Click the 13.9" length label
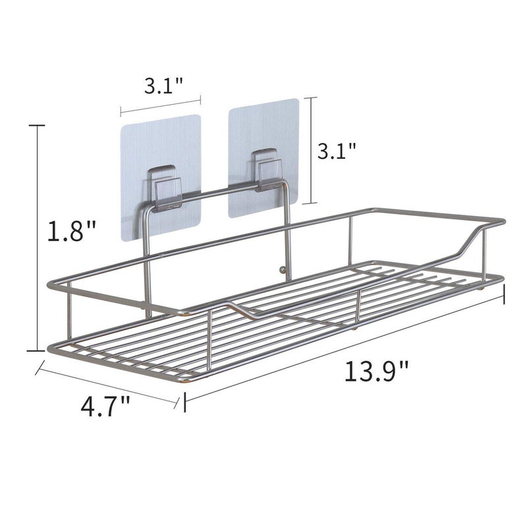[376, 374]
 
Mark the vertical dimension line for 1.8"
[38, 237]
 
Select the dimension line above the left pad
[160, 107]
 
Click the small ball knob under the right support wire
[283, 269]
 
